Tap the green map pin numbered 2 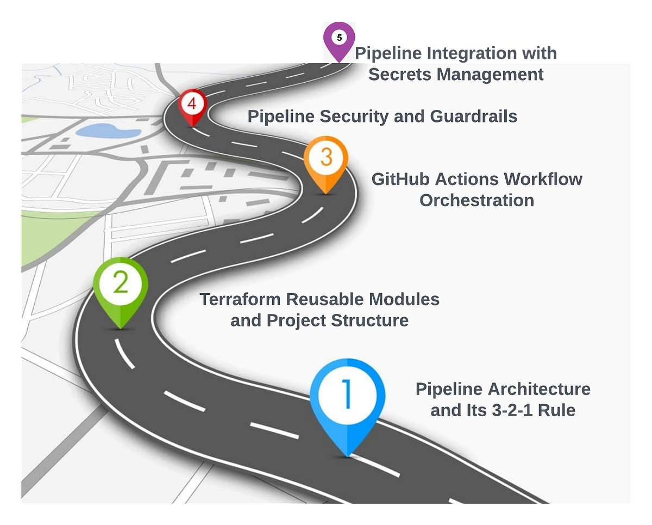coord(121,285)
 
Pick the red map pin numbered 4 coord(193,104)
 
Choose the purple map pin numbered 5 coord(339,39)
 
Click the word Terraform coord(240,299)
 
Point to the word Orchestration coord(477,200)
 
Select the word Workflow coord(543,179)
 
